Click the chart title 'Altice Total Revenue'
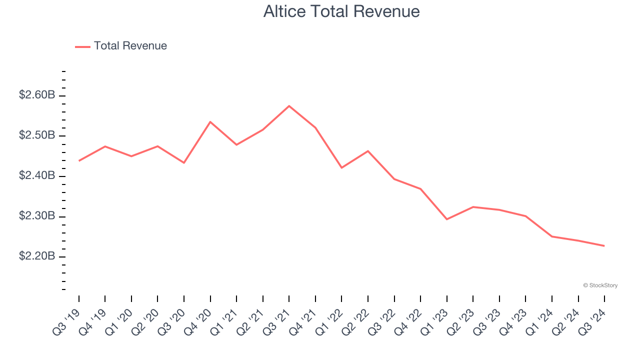(341, 11)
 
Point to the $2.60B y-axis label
(37, 95)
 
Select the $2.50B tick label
(37, 135)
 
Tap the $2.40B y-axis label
(37, 176)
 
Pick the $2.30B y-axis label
(37, 216)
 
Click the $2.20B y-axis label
(37, 256)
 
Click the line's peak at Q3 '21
(289, 106)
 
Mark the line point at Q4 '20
(210, 121)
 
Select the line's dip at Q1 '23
(446, 219)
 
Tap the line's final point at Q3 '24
(604, 245)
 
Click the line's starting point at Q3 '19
(79, 160)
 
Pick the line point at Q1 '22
(341, 167)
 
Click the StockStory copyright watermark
(600, 285)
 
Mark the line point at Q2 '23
(473, 206)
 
